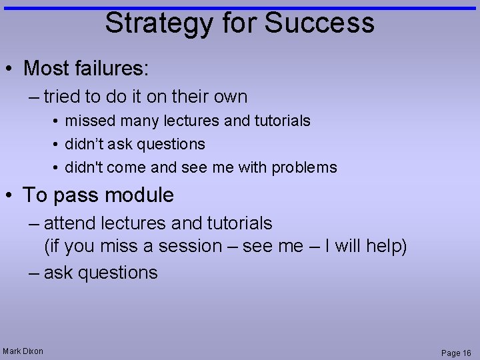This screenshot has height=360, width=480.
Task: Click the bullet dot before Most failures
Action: click(11, 69)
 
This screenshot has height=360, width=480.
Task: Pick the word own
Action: click(229, 97)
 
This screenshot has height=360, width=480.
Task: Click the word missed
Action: click(87, 121)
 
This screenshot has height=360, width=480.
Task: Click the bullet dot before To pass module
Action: click(11, 196)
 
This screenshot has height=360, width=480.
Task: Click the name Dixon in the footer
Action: click(32, 351)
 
